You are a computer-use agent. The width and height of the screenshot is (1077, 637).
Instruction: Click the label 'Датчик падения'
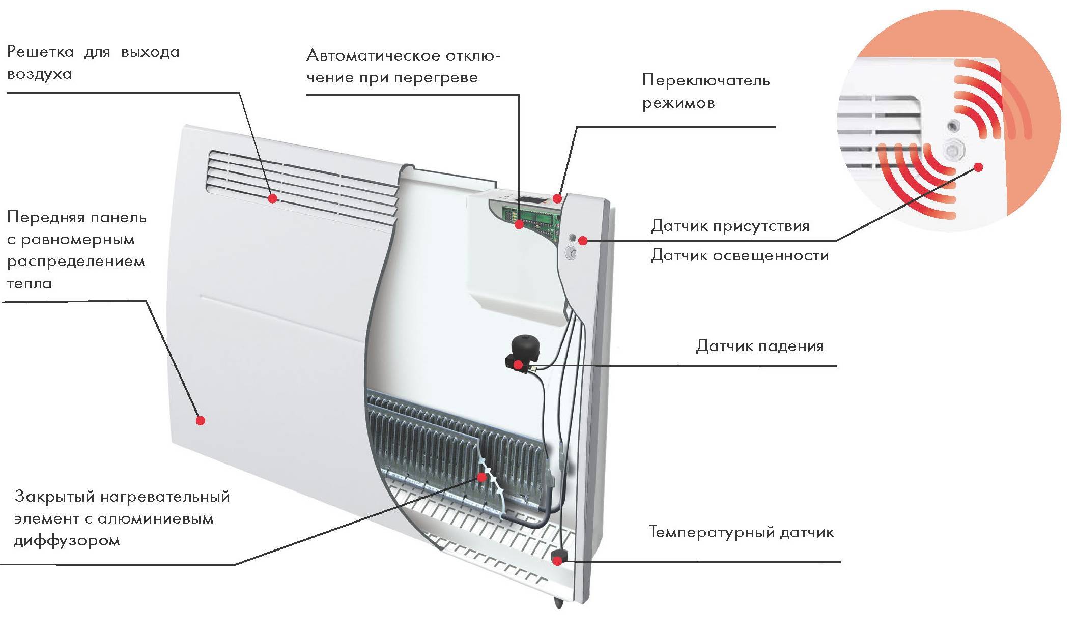click(759, 346)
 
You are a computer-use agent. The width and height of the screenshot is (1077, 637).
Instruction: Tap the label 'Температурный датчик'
click(742, 532)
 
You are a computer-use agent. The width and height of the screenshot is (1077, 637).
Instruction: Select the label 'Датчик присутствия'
click(730, 226)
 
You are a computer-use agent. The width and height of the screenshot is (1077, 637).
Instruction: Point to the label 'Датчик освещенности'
click(740, 255)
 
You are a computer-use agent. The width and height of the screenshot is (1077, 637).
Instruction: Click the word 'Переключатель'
click(706, 80)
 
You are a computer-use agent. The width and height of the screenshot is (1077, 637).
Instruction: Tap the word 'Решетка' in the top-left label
click(41, 52)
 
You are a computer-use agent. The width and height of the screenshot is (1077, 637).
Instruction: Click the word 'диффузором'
click(67, 541)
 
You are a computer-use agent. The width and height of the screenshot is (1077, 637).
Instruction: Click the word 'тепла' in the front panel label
click(30, 283)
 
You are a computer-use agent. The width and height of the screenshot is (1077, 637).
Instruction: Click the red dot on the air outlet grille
click(273, 198)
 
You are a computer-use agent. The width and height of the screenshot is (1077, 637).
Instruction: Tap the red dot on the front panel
click(201, 420)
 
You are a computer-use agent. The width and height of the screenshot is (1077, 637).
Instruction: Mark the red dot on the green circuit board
click(519, 224)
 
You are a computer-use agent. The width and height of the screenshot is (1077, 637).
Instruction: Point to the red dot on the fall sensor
click(518, 364)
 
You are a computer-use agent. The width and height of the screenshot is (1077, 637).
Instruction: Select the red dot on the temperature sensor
click(557, 561)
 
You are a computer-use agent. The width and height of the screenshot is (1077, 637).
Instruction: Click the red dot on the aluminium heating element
click(481, 477)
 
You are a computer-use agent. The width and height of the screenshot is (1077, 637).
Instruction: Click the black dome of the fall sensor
click(523, 345)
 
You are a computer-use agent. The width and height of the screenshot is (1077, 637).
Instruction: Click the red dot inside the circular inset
click(978, 167)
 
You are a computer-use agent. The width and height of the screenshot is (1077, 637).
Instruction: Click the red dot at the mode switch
click(558, 198)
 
